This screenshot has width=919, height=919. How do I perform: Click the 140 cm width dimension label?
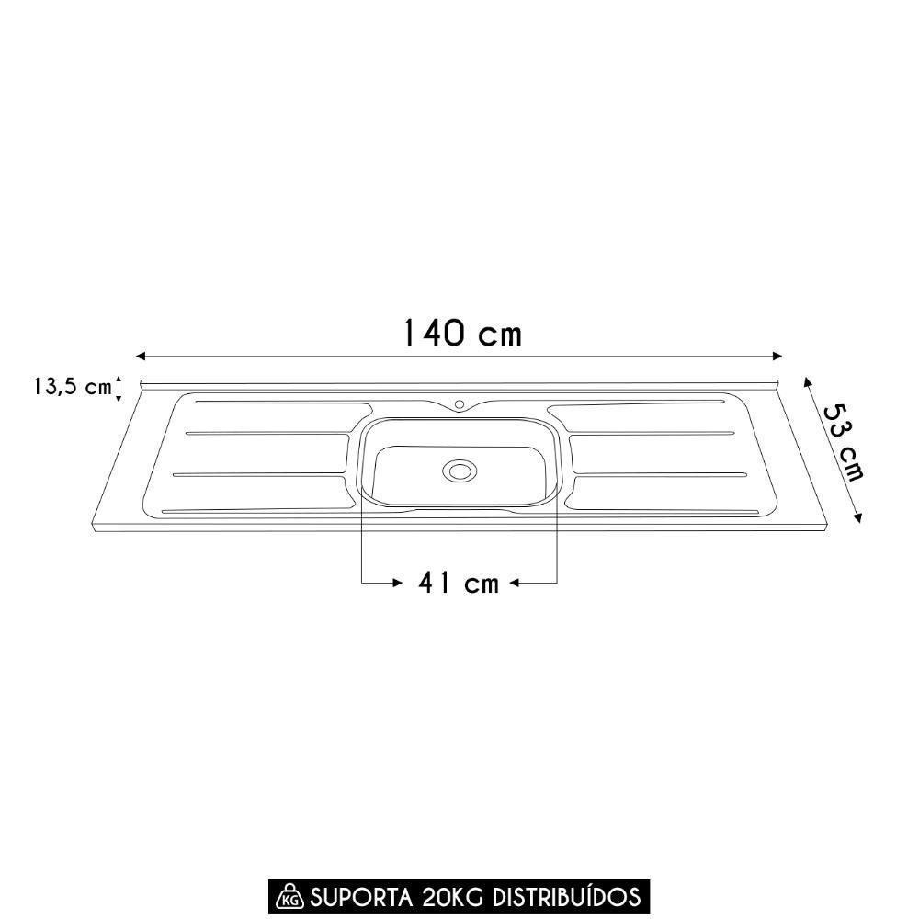pos(462,334)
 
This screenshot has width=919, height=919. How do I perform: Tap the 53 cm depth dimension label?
pos(841,441)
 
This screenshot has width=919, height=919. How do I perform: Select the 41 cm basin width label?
pos(458,583)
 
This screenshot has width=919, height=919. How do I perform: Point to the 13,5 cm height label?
pos(72,387)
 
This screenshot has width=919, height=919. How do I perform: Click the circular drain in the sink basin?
pos(459,471)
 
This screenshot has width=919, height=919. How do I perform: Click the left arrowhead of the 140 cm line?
pos(142,356)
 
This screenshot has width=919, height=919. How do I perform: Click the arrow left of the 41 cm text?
pos(396,583)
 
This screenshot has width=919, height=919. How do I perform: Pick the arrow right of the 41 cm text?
pos(516,583)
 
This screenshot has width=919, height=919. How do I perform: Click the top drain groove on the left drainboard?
pos(276,403)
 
